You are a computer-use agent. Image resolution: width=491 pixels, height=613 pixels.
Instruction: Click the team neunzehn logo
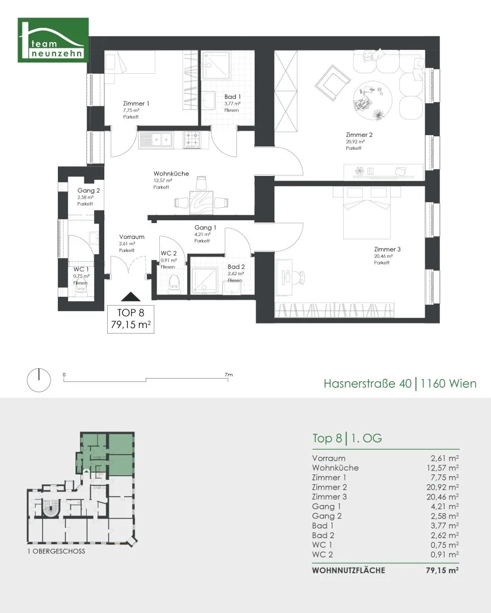pos(53,40)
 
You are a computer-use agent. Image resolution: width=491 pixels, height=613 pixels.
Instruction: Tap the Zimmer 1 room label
pos(136,104)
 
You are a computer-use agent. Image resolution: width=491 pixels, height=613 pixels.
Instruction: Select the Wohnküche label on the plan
pos(171,174)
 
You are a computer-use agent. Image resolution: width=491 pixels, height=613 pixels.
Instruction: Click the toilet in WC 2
pos(173,283)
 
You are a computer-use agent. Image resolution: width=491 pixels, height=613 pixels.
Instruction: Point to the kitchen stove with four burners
pos(192,140)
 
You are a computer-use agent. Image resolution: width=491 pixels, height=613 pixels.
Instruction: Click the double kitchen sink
pos(155,140)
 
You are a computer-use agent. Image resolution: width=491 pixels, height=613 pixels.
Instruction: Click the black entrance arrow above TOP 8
pos(131,297)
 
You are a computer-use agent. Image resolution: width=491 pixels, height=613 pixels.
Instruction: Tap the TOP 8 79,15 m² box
pos(131,319)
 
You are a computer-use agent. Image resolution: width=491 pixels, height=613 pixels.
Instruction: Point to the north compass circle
pos(39,380)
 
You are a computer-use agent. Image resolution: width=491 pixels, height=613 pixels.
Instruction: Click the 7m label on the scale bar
pos(228,375)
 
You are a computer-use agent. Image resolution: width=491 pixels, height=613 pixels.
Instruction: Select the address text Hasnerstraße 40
pos(367,383)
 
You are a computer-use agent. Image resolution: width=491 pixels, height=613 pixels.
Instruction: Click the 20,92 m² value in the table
pos(442,487)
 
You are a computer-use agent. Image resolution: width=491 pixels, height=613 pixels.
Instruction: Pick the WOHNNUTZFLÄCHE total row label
pos(349,570)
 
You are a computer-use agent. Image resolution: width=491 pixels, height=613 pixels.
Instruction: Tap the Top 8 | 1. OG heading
pos(347,438)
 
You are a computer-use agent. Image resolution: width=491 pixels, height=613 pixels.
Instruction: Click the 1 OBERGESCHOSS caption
pos(56,551)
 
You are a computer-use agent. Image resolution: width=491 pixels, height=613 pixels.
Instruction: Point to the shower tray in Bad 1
pos(215,65)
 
